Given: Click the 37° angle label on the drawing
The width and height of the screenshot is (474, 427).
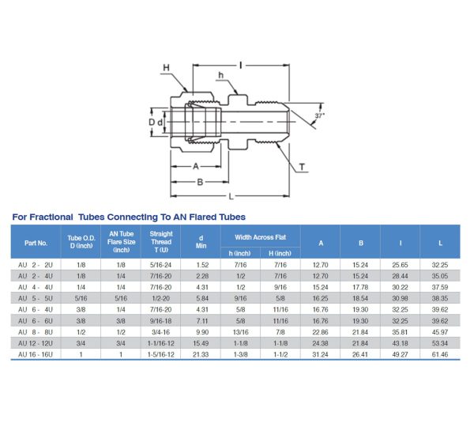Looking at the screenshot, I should (318, 115).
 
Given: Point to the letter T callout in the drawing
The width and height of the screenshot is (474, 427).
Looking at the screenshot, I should (303, 167).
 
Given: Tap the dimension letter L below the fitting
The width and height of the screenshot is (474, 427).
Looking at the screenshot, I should (229, 196).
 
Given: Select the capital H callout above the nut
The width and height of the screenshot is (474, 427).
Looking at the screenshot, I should (166, 68).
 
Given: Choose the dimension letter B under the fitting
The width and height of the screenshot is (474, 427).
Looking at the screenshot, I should (201, 181).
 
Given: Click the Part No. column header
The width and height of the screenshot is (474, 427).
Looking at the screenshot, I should (36, 243).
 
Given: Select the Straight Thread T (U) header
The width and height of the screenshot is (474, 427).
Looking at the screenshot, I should (161, 243).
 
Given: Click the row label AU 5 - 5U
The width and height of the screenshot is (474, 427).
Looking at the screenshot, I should (36, 298).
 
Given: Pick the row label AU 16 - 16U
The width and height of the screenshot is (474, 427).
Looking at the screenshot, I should (36, 354).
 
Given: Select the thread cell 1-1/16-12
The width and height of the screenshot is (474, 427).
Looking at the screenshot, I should (161, 343).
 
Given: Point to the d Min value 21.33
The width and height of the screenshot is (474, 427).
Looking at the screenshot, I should (201, 354).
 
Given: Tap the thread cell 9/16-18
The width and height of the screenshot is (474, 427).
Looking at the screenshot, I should (161, 321).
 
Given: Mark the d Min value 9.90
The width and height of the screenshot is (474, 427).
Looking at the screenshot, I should (201, 332).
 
